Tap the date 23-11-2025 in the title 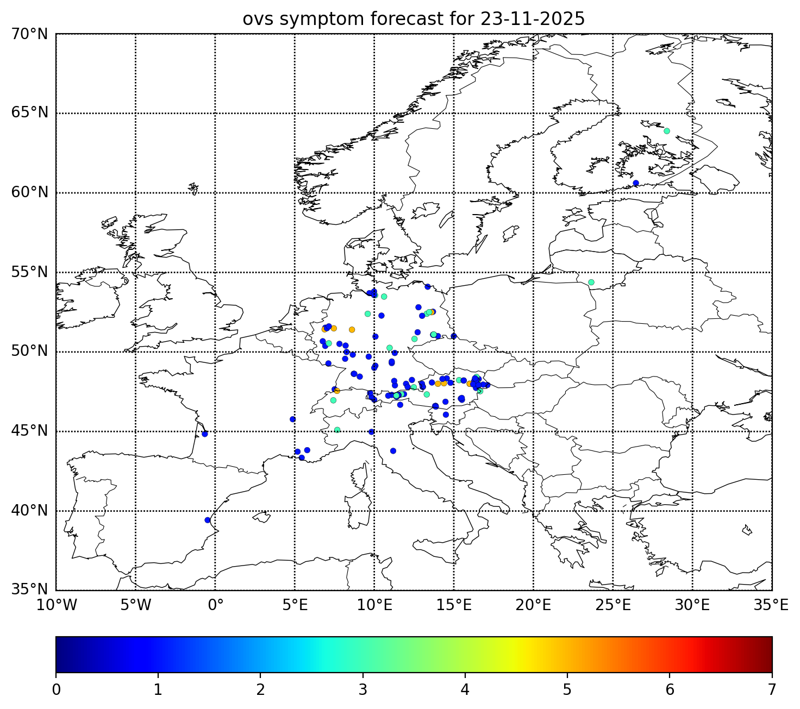532,19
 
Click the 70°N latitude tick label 29,34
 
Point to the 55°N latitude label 29,272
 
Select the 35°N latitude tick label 29,590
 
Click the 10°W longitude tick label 56,605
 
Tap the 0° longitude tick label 216,605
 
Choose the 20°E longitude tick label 533,605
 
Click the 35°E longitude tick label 771,605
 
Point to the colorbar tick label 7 772,690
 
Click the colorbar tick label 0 56,690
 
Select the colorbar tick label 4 465,690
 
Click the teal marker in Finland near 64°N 667,131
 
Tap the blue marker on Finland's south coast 636,183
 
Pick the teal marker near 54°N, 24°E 591,282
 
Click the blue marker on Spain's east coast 207,520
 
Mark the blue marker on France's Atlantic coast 205,434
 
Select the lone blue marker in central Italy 393,450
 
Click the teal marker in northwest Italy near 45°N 337,430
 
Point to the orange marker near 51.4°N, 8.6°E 352,329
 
